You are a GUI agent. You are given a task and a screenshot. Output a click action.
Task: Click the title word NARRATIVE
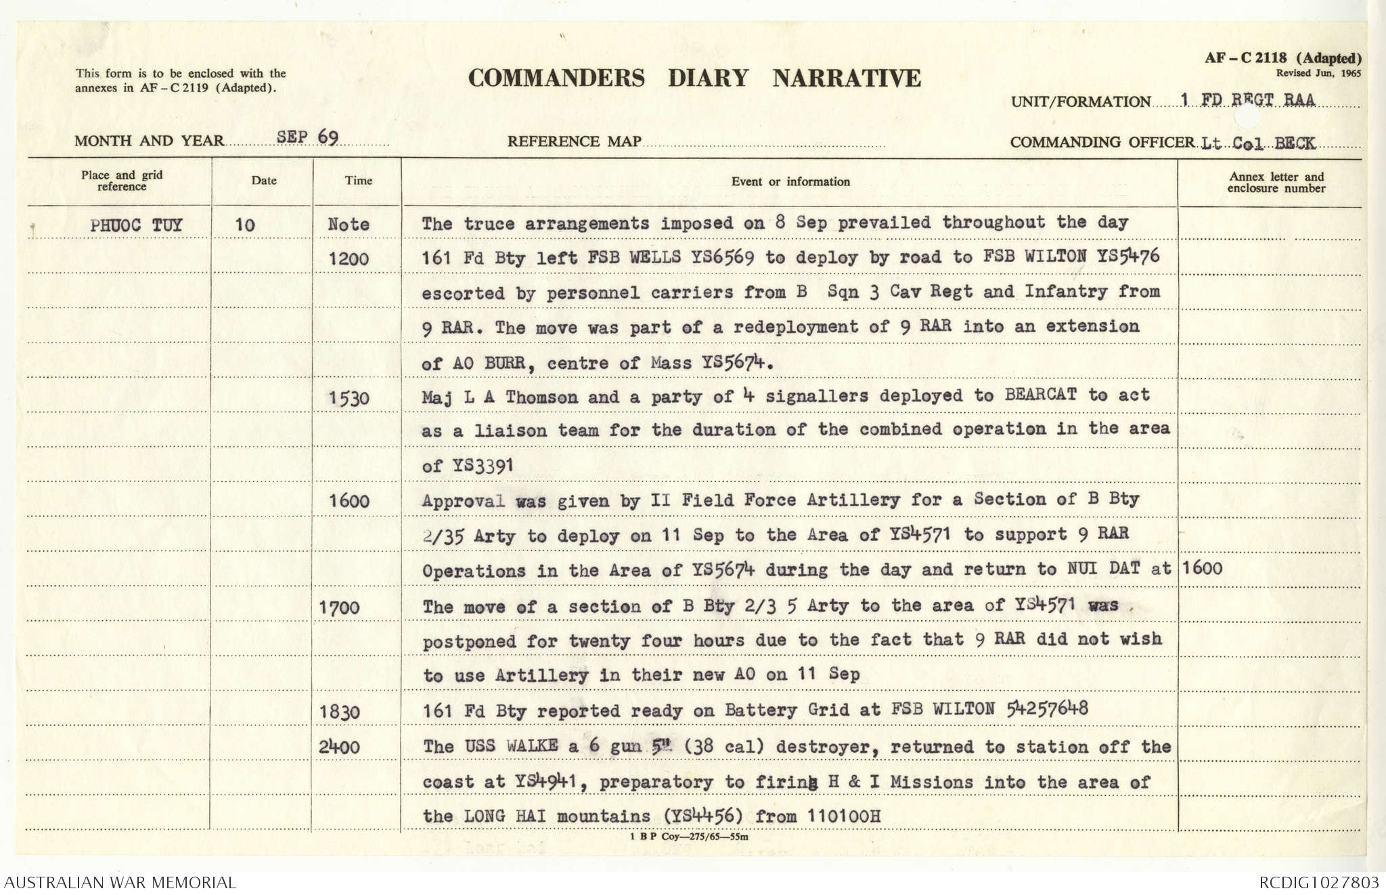coord(847,79)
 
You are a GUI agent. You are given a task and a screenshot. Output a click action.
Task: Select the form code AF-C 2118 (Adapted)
coord(1282,58)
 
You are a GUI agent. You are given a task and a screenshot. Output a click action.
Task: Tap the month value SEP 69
coord(307,137)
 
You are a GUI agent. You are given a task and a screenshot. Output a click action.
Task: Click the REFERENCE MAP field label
coord(574,141)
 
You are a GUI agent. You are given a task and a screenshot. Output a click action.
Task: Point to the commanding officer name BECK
coord(1295,144)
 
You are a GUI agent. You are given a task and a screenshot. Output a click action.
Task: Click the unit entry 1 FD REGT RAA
coord(1247,100)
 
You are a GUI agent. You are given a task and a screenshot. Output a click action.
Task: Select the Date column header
coord(264,180)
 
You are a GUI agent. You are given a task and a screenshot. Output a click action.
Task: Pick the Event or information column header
coord(790,181)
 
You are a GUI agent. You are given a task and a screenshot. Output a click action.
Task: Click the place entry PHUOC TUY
coord(136,225)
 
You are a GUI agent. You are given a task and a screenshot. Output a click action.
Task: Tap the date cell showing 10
coord(244,225)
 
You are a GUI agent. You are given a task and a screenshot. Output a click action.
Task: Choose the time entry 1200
coord(349,259)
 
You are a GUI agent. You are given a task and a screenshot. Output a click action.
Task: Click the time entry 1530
coord(349,398)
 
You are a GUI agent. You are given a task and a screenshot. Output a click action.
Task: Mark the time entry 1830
coord(340,712)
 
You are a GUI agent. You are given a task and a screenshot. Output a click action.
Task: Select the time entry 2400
coord(340,747)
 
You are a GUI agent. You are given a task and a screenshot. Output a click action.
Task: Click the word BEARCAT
coord(1040,395)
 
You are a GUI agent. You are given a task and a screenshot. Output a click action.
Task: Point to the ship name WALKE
coord(531,746)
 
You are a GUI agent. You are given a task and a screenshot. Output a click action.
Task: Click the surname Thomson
coord(541,397)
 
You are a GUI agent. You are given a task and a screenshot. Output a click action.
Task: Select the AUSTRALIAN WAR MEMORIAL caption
coord(120,883)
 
